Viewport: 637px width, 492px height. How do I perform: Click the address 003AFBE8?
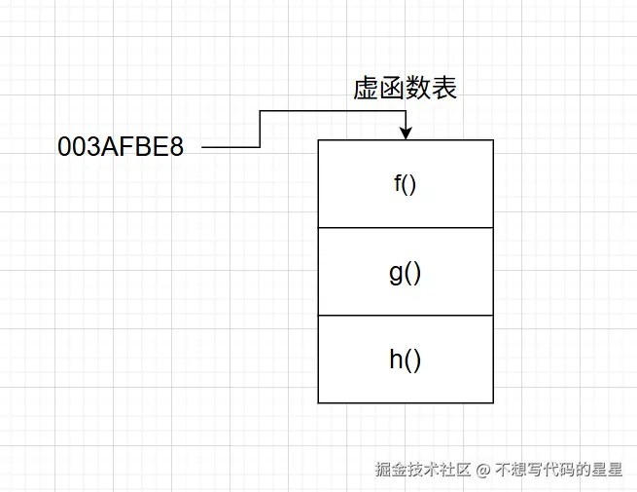coord(121,148)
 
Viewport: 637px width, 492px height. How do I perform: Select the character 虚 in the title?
coord(366,90)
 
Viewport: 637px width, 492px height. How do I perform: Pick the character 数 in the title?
coord(418,90)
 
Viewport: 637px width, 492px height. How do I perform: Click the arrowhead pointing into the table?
coord(406,133)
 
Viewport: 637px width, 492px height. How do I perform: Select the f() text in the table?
coord(405,183)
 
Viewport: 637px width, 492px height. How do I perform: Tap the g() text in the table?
coord(405,272)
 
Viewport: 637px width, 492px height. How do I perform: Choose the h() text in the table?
coord(405,360)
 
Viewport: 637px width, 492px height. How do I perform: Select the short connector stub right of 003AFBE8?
coord(230,147)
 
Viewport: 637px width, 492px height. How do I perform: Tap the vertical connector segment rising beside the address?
coord(260,129)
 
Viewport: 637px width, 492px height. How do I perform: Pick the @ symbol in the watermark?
coord(483,470)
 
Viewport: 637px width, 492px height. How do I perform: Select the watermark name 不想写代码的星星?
coord(559,470)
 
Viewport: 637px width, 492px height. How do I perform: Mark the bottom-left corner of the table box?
coord(318,402)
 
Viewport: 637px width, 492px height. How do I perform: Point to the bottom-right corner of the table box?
coord(493,402)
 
